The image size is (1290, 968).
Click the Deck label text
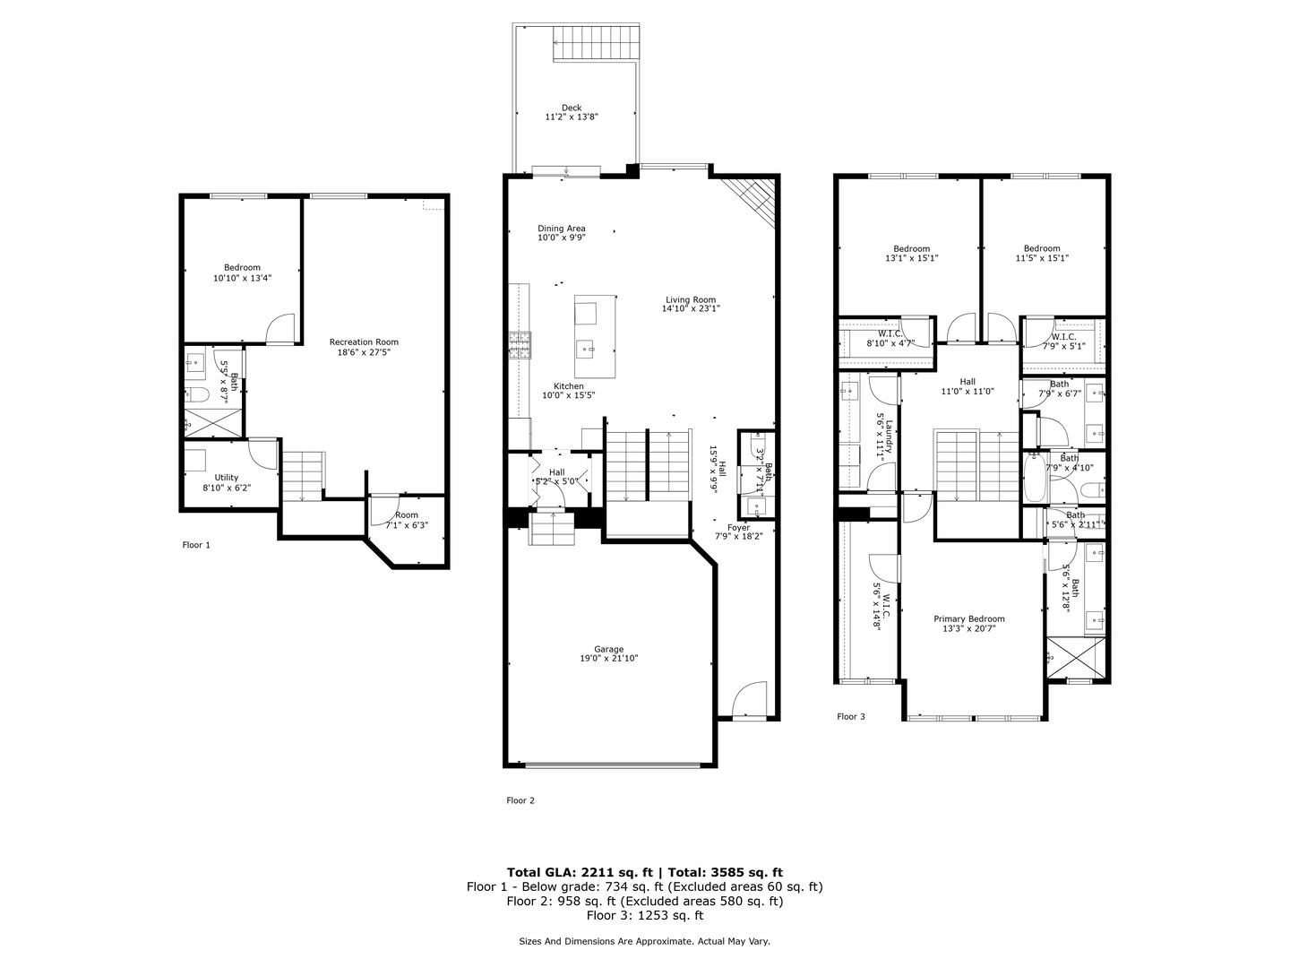point(572,108)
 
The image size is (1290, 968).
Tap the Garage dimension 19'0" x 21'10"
point(608,659)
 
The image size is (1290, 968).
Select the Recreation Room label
point(364,341)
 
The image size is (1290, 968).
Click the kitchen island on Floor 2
point(595,336)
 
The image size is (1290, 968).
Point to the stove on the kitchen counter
point(520,345)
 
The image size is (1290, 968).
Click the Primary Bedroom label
point(968,618)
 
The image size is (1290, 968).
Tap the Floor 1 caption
point(196,544)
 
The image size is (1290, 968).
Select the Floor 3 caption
point(851,716)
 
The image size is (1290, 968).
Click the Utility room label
point(227,478)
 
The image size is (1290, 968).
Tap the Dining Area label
point(562,229)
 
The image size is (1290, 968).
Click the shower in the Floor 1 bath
point(212,422)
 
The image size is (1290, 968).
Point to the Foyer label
point(738,528)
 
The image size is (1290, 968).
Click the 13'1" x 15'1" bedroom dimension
point(911,258)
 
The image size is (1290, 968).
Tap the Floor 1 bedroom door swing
point(281,329)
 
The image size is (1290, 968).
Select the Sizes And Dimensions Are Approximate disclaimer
point(644,941)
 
